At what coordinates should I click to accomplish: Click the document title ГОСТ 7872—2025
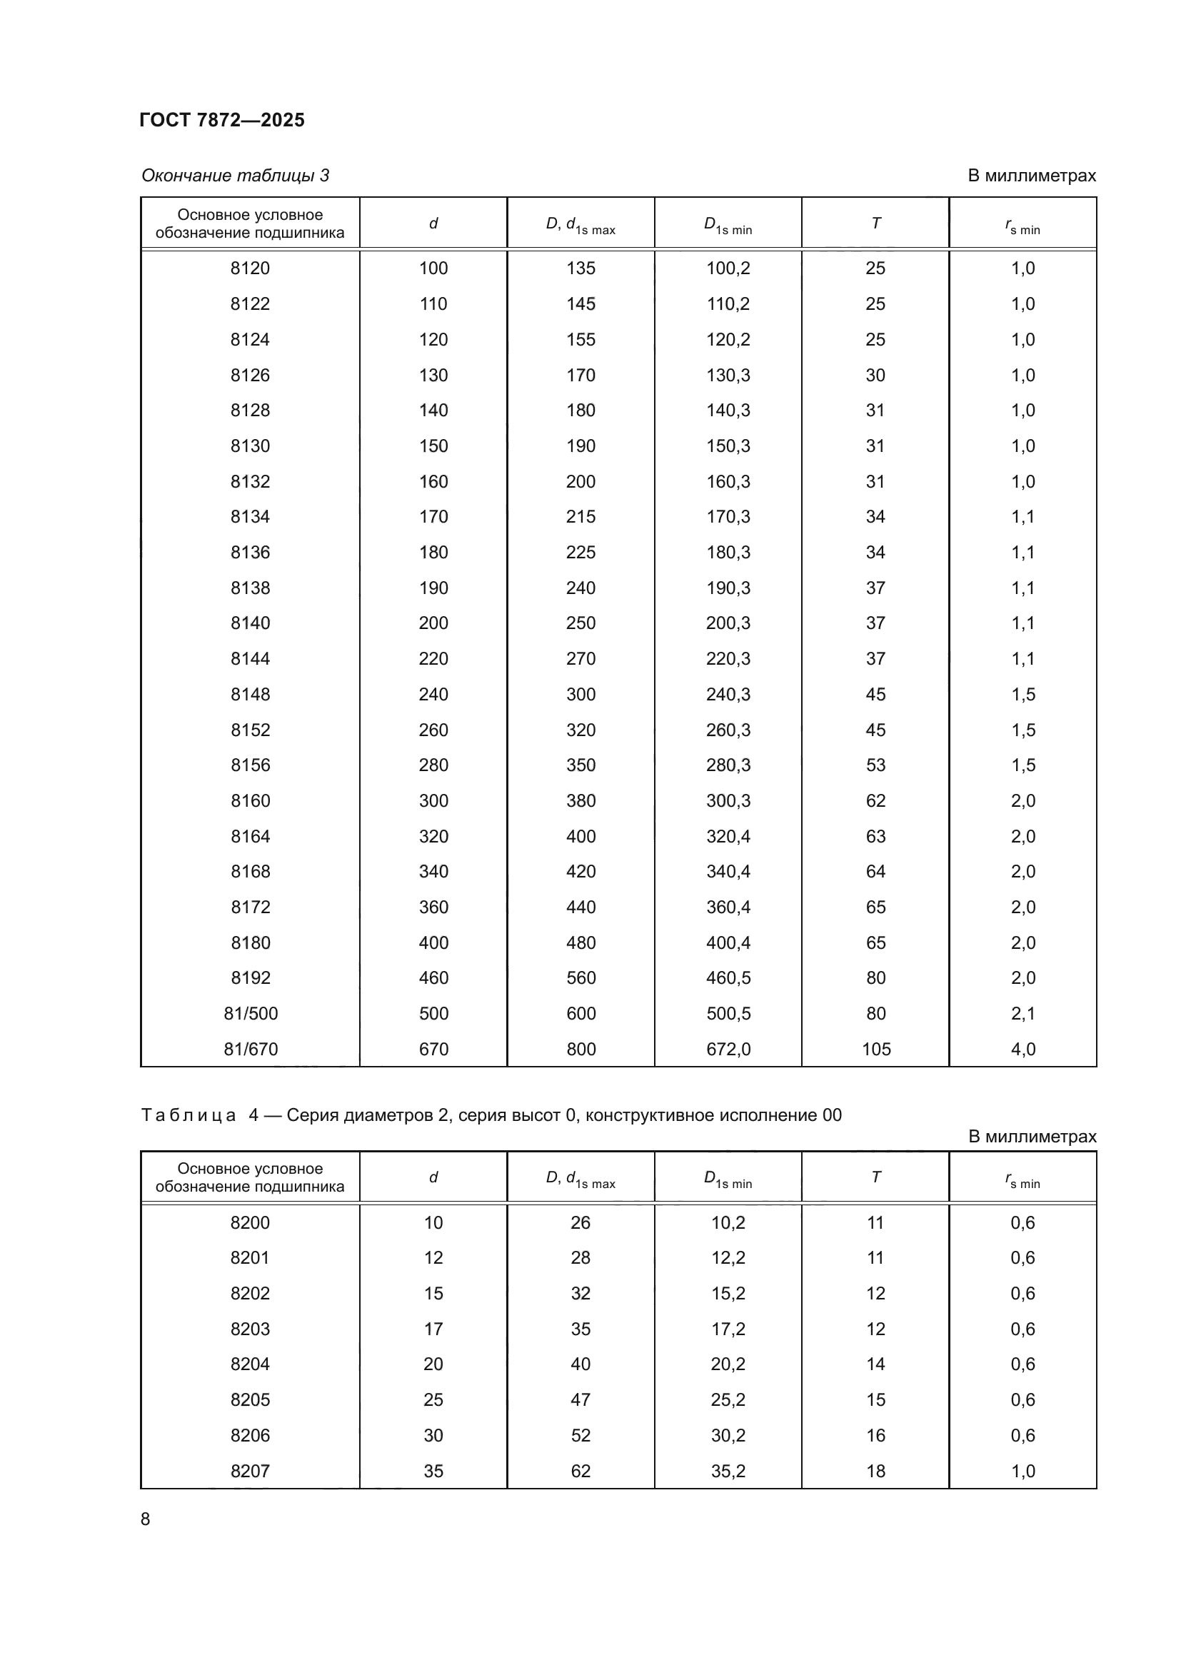click(222, 120)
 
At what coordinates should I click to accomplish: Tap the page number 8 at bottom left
click(146, 1519)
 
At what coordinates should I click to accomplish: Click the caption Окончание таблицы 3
click(235, 176)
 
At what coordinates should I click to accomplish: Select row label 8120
click(250, 268)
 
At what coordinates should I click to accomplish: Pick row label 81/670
click(250, 1049)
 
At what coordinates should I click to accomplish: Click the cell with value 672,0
click(728, 1049)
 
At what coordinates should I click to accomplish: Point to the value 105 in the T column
click(875, 1049)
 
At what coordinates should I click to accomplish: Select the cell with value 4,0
click(1022, 1049)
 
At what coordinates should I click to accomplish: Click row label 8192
click(250, 977)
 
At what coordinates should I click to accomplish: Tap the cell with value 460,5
click(728, 977)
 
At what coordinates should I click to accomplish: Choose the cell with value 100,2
click(728, 268)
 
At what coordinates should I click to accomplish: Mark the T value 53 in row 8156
click(875, 765)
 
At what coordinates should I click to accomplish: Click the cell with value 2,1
click(1022, 1013)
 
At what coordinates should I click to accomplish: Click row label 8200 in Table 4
click(250, 1222)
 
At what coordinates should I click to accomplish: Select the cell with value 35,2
click(728, 1471)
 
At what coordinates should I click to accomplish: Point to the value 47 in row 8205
click(581, 1399)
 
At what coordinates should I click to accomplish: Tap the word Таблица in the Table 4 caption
click(189, 1115)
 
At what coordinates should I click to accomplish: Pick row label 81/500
click(250, 1013)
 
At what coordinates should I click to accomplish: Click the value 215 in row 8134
click(581, 516)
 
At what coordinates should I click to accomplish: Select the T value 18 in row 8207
click(875, 1471)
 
